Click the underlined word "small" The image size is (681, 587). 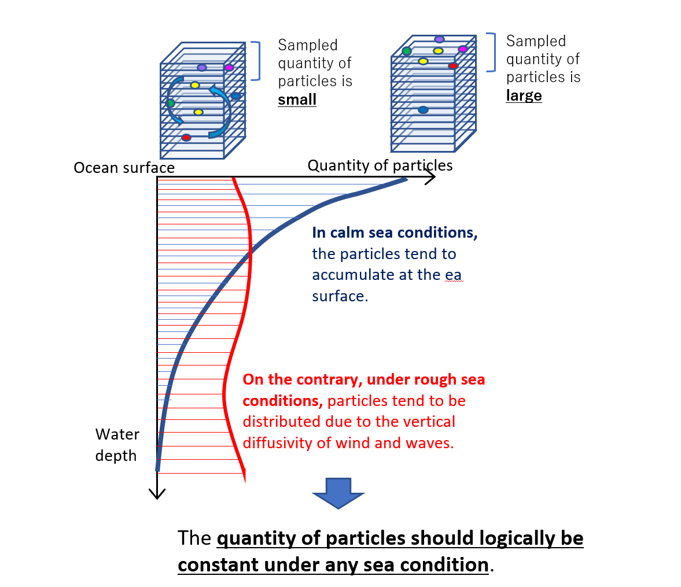(297, 99)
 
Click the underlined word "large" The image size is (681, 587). (524, 95)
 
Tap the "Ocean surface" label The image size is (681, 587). (124, 168)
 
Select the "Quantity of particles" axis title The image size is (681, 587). (380, 165)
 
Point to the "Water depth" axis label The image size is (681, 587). (117, 445)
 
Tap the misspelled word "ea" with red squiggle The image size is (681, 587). (453, 275)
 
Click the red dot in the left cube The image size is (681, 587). (186, 138)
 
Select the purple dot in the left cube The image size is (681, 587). (202, 68)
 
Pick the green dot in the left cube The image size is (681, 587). (171, 104)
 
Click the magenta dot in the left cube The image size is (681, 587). (229, 68)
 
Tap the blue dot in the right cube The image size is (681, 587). (423, 110)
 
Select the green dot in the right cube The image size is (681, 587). (407, 51)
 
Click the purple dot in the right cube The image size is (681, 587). (439, 39)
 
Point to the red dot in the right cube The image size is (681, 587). (453, 66)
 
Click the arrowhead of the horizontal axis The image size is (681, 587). (430, 178)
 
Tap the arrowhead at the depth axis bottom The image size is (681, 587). (157, 494)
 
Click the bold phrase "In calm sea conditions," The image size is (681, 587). (395, 232)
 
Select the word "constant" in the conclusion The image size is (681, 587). (215, 564)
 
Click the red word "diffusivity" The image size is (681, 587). (273, 443)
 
